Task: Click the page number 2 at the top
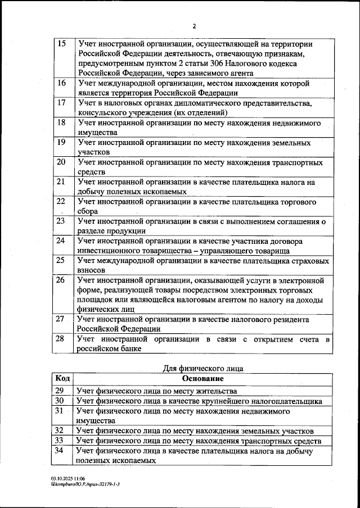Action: coord(193,26)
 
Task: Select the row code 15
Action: coord(62,44)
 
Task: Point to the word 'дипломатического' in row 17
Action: coord(209,103)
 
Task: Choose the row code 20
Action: coord(62,162)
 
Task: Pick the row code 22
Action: coord(62,201)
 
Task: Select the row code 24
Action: coord(62,241)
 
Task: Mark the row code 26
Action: coord(62,280)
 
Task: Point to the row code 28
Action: coord(62,339)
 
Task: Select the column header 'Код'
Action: coord(62,379)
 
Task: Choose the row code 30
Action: coord(60,401)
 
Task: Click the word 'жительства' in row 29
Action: coord(217,391)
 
